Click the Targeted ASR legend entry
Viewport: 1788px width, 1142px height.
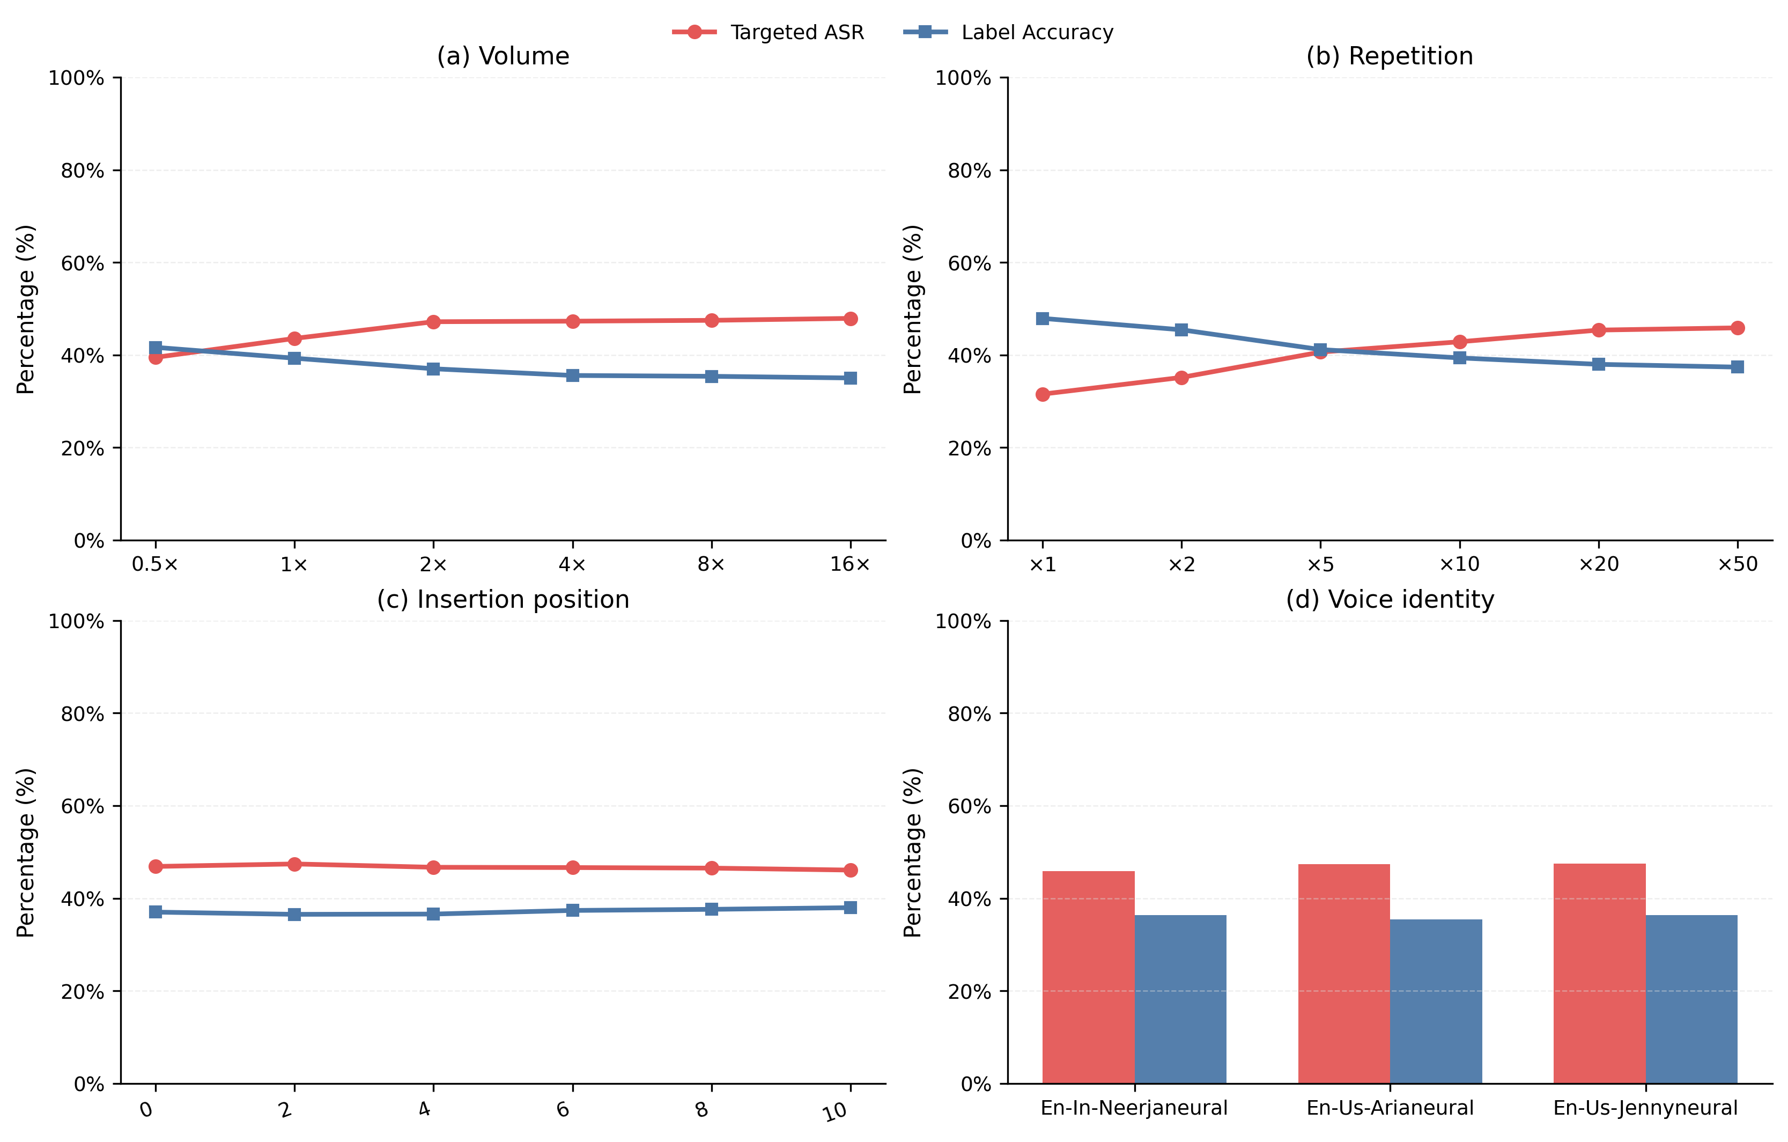click(769, 33)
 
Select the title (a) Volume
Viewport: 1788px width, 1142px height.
click(503, 56)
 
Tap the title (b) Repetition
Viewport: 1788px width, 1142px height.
click(1389, 56)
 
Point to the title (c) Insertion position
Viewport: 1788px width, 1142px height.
click(503, 599)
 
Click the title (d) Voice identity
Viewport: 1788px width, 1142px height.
click(1389, 599)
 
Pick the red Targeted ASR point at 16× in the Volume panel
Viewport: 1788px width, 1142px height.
click(850, 319)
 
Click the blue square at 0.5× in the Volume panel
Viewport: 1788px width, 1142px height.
click(155, 348)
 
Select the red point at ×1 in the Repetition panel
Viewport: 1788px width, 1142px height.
click(1043, 394)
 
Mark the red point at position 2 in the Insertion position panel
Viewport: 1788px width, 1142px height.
click(294, 864)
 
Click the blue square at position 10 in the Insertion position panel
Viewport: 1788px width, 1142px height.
click(850, 908)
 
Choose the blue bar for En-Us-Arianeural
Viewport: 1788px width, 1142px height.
click(1435, 1001)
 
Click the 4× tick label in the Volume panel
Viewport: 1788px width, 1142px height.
click(572, 565)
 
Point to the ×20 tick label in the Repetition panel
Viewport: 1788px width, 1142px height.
click(1599, 565)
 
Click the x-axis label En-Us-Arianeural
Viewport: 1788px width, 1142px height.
click(1389, 1108)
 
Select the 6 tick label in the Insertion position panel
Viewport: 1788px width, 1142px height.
click(564, 1109)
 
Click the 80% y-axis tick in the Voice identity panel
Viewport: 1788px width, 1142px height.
click(969, 713)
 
